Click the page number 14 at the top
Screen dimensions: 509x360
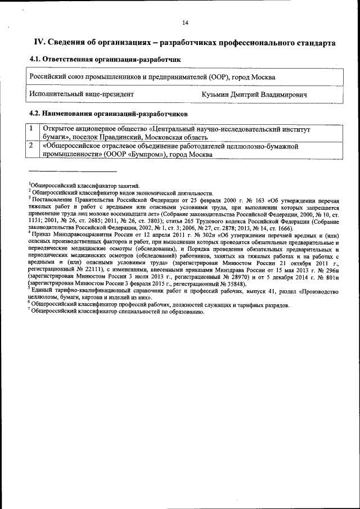(x=185, y=23)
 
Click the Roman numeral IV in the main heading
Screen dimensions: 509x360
(x=39, y=43)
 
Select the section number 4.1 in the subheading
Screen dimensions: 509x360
(x=35, y=59)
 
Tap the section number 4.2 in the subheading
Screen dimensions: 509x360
(x=35, y=114)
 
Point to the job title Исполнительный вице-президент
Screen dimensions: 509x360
(x=82, y=95)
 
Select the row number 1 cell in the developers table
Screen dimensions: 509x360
(x=33, y=129)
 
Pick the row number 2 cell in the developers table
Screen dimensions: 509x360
(x=33, y=146)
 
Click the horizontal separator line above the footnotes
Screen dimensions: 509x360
(x=73, y=171)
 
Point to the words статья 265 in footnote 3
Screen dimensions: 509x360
(x=160, y=222)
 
